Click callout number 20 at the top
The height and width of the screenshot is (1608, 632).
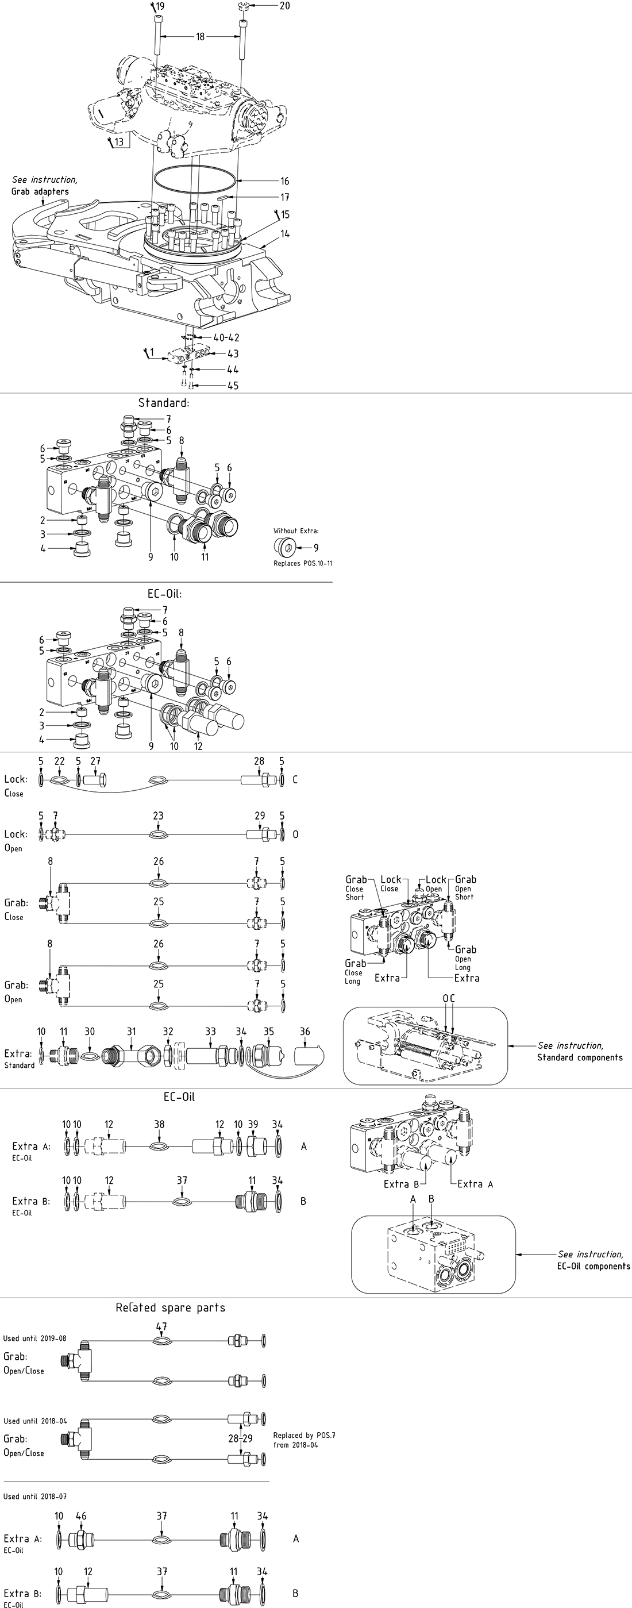pos(284,6)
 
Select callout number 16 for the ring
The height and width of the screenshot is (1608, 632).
pos(284,182)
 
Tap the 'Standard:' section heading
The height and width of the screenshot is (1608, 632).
pos(164,403)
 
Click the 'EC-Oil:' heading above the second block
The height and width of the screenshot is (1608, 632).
pos(165,594)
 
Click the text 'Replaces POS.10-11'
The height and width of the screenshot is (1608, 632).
pos(303,563)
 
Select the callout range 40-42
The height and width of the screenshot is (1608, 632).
pos(226,338)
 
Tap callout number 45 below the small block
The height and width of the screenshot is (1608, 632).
pos(233,386)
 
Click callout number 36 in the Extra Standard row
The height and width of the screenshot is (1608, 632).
pos(305,1032)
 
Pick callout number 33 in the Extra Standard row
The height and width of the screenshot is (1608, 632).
pos(210,1032)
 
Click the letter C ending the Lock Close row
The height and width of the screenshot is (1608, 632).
pos(295,780)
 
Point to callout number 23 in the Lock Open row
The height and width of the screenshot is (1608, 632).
pos(159,816)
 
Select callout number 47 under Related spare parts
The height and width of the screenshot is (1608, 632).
pos(161,1327)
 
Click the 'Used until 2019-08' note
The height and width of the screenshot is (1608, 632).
pos(35,1338)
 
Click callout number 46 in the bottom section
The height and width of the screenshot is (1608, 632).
pos(81,1516)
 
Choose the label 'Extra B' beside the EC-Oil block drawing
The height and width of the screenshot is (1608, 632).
pos(396,1184)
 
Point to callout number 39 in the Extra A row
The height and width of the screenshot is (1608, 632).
pos(253,1124)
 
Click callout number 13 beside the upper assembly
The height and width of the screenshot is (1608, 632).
pos(118,143)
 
